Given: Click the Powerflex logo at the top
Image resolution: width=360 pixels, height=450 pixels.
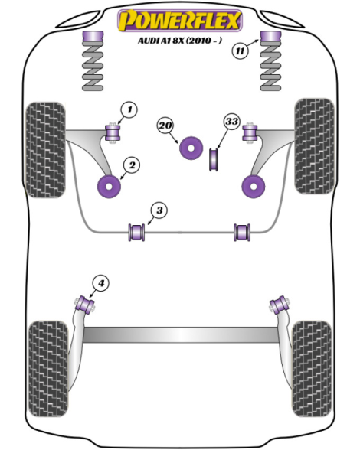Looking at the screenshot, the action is [x=180, y=20].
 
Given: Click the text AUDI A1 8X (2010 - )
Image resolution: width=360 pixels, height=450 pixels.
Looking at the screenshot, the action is [x=180, y=41].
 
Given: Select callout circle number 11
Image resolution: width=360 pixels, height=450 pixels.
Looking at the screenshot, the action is [x=240, y=51].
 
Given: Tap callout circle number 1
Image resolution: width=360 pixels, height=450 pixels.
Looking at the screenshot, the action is [x=129, y=109].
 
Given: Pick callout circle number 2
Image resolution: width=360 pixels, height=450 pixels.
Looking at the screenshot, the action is [x=132, y=165].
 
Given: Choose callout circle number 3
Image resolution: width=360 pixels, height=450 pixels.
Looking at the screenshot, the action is [x=159, y=210].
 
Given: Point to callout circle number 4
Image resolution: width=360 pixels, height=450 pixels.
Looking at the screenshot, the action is [x=101, y=283].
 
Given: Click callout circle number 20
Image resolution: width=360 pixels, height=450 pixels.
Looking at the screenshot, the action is [x=165, y=126].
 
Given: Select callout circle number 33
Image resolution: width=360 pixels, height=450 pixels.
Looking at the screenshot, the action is [x=231, y=122].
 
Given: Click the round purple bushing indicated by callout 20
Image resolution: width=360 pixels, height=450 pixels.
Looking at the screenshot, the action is [x=191, y=148].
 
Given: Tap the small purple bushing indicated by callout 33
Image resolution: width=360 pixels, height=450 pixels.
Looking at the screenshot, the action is [x=213, y=158].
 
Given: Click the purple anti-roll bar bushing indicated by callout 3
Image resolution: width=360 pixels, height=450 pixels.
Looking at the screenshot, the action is [x=136, y=232].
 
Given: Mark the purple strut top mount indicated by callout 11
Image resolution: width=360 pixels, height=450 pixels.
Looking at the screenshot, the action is [x=270, y=37].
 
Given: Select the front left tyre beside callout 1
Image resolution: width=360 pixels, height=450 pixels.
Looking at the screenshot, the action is [x=45, y=150].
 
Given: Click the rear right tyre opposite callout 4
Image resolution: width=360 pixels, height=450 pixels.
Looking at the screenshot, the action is [x=312, y=369].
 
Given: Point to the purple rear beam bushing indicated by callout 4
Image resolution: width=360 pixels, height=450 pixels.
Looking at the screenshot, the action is [x=85, y=305].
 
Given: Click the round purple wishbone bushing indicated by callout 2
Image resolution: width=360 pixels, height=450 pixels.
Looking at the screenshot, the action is [x=109, y=187].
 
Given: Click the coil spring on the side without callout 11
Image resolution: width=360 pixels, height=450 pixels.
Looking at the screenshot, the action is [x=93, y=61].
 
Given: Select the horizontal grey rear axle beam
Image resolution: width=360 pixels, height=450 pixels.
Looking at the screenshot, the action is [x=181, y=334].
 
